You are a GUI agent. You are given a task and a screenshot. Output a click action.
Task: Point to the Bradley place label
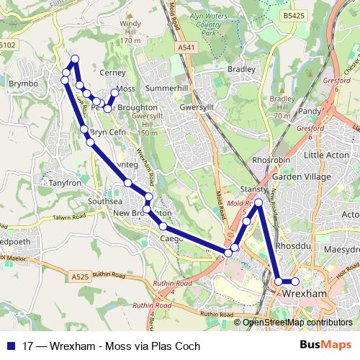(241, 69)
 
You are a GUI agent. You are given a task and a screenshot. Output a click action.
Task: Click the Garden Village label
(300, 176)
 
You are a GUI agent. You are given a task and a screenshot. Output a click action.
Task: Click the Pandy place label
(309, 112)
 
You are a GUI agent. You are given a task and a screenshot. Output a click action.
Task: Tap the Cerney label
(114, 73)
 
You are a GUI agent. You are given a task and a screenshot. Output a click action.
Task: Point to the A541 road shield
(186, 48)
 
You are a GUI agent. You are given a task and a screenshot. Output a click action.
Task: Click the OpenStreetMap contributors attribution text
(297, 322)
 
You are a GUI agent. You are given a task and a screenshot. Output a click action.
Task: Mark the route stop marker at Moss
(114, 93)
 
